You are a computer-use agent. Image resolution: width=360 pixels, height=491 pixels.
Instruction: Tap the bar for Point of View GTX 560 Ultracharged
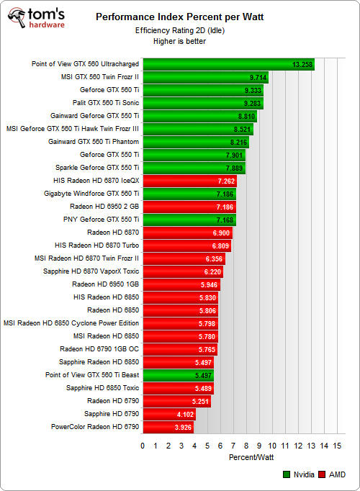coord(229,64)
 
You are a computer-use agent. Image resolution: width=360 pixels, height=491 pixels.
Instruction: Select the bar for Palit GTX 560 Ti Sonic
coord(203,103)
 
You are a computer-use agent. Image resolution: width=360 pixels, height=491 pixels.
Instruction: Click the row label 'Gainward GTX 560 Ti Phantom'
coord(94,142)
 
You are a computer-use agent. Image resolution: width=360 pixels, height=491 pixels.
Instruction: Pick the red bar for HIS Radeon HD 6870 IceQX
coord(189,181)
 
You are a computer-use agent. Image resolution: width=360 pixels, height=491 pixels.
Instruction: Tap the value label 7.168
coord(225,220)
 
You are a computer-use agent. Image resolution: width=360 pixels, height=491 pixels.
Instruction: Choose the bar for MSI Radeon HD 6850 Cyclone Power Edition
coord(180,323)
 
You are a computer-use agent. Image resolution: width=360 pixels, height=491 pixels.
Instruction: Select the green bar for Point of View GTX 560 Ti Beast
coord(178,375)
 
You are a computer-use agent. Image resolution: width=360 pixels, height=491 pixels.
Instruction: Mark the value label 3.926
coord(183,427)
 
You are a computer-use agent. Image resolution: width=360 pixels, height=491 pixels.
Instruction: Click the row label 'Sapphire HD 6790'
coord(112,414)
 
